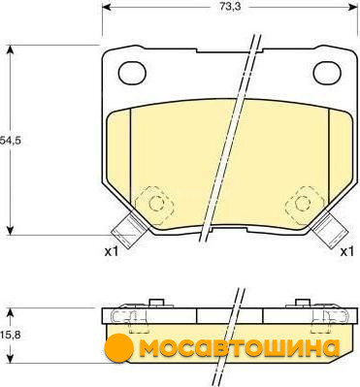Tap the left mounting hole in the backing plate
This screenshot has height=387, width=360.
pos(132,74)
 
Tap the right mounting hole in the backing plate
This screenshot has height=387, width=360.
pos(327,74)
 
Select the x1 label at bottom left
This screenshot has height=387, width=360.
pos(112,251)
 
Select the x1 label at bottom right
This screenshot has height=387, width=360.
pos(347,251)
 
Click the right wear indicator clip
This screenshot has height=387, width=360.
pos(330,229)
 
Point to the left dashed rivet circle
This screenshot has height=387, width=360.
pos(157,203)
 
